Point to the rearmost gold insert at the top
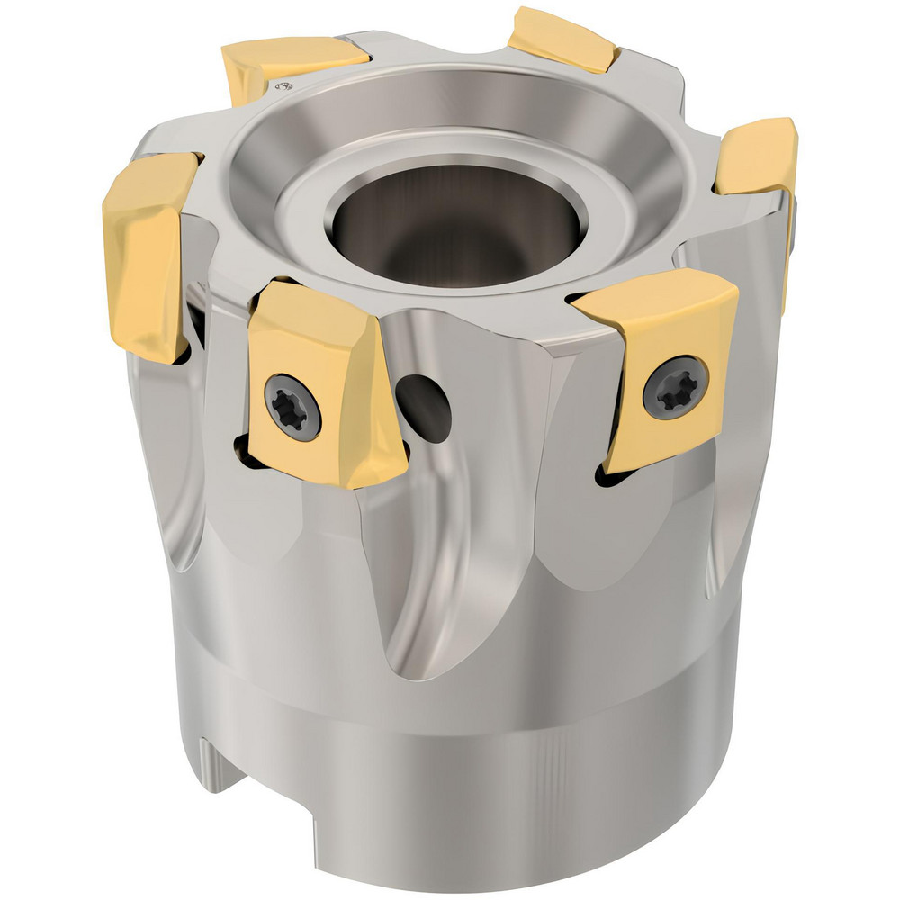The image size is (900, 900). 561,39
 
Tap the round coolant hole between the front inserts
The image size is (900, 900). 423,405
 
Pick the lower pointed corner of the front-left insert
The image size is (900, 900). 346,481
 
